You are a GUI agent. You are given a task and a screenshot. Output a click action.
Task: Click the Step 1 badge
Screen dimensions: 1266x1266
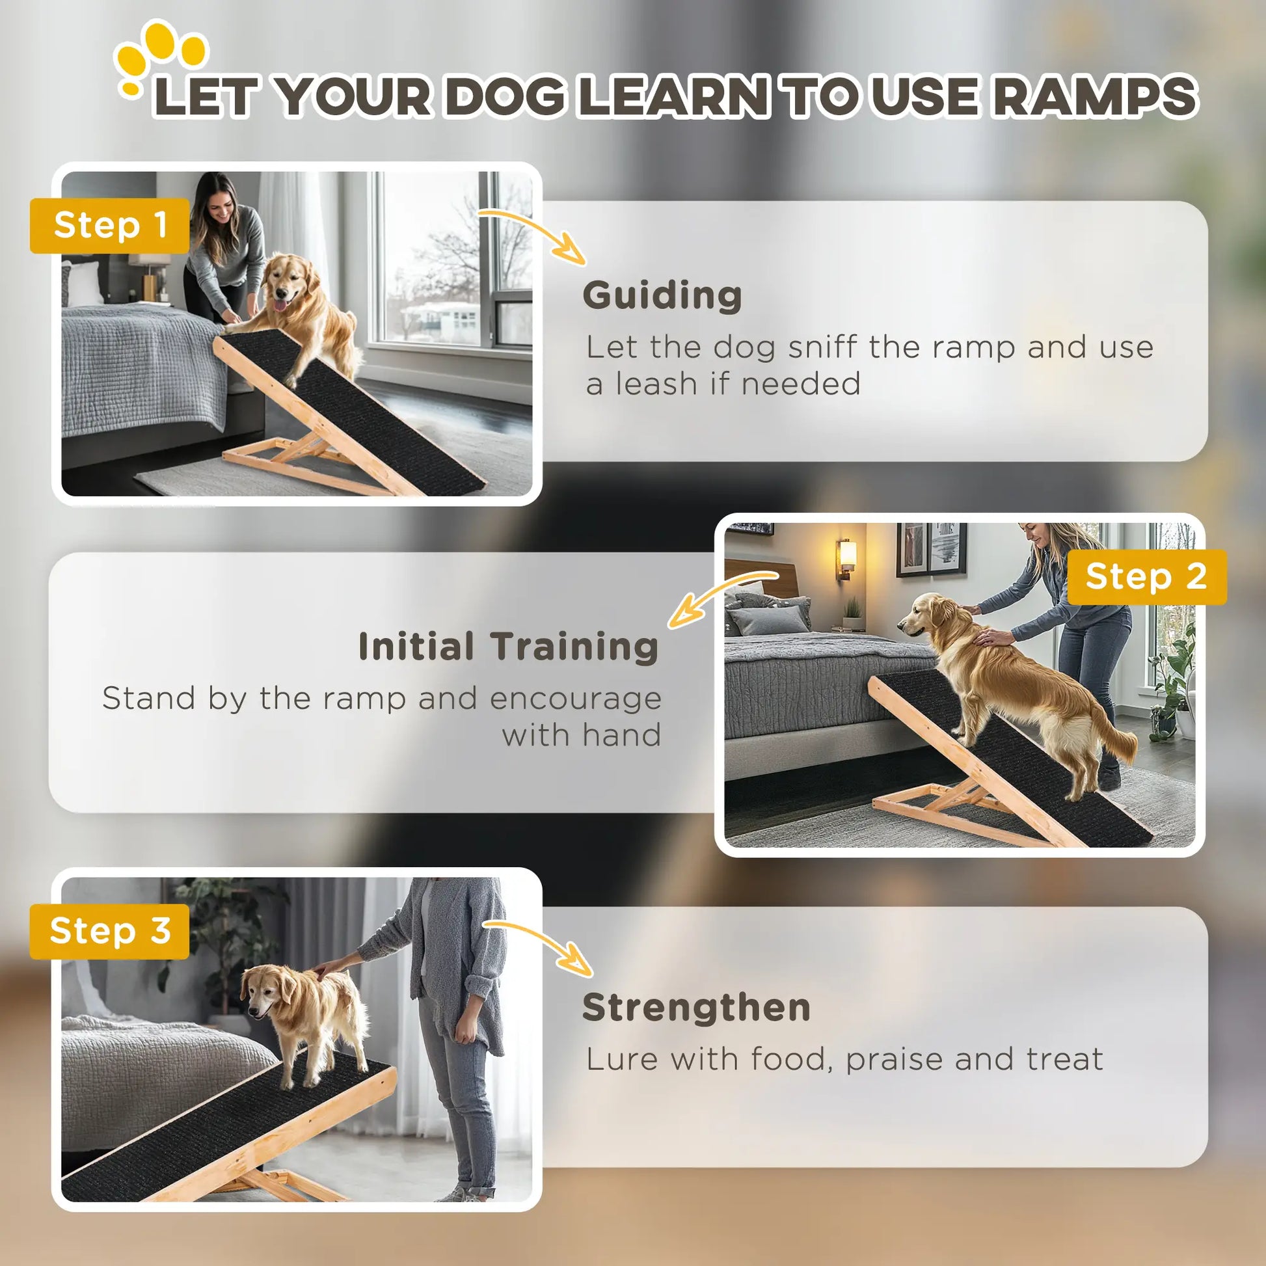coord(110,225)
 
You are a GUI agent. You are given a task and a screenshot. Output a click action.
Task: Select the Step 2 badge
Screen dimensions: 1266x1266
coord(1146,576)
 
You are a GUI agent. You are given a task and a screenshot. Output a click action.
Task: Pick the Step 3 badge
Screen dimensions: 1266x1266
coord(110,931)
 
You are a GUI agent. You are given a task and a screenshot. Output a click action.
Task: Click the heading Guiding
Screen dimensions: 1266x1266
coord(662,295)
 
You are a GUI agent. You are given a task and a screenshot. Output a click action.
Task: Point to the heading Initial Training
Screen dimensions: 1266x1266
coord(509,647)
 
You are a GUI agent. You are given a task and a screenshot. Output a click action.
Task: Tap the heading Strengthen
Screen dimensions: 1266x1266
coord(697,1007)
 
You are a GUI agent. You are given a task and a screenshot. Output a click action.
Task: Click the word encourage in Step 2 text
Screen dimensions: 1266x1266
coord(575,699)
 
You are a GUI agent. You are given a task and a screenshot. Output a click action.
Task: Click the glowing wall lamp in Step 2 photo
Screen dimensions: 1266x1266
coord(846,556)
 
